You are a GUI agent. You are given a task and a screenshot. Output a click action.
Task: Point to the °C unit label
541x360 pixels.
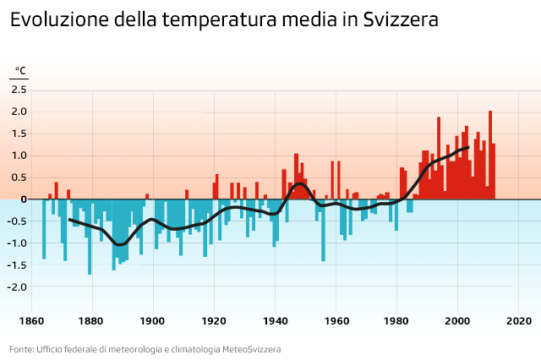pyautogui.click(x=20, y=71)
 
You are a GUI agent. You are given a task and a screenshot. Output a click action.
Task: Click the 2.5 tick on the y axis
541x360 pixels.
pyautogui.click(x=19, y=90)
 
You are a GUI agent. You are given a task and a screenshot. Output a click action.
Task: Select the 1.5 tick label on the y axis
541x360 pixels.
pyautogui.click(x=19, y=134)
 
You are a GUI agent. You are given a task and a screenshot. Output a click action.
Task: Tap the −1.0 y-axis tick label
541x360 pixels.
pyautogui.click(x=18, y=243)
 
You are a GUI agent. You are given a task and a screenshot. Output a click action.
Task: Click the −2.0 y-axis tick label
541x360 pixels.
pyautogui.click(x=18, y=287)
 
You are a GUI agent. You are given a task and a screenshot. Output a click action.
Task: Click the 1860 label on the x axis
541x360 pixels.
pyautogui.click(x=31, y=321)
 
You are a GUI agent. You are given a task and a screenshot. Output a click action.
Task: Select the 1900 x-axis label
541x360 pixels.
pyautogui.click(x=153, y=321)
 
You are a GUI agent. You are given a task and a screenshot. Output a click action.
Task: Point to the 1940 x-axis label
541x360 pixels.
pyautogui.click(x=275, y=321)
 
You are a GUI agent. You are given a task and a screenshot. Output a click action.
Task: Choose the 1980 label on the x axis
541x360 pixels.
pyautogui.click(x=396, y=321)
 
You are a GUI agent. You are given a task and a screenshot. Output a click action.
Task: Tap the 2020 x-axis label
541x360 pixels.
pyautogui.click(x=518, y=321)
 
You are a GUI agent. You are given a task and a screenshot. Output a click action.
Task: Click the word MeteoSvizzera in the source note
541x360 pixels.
pyautogui.click(x=251, y=349)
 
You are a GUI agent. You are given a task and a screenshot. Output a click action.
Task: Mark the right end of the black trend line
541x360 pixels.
pyautogui.click(x=468, y=148)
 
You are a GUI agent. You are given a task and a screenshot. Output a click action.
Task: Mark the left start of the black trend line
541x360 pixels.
pyautogui.click(x=69, y=219)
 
